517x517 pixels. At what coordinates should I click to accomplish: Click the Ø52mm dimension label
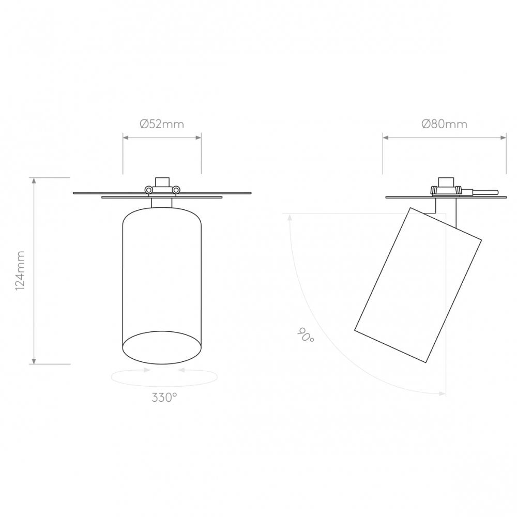coord(162,124)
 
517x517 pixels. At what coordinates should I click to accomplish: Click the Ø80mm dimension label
coord(444,124)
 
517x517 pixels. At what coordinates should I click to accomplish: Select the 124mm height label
coord(20,270)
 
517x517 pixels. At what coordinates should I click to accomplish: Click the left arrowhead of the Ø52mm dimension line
coord(125,138)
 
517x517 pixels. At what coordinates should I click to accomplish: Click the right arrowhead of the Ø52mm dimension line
coord(199,138)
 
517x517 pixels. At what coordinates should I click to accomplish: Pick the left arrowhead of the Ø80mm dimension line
coord(385,138)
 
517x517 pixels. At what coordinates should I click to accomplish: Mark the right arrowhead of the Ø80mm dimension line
coord(504,138)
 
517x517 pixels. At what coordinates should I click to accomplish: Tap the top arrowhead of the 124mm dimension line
coord(34,180)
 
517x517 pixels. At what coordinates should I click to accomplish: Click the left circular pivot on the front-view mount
coord(149,190)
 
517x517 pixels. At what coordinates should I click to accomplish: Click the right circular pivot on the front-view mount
coord(176,190)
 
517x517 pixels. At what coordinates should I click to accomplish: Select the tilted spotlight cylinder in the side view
coord(418,284)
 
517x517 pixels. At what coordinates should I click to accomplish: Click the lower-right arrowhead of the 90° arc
coord(442,394)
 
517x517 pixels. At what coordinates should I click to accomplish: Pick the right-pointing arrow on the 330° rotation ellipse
coord(147,370)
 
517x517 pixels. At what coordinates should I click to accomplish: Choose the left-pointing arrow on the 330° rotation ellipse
coord(179,370)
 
